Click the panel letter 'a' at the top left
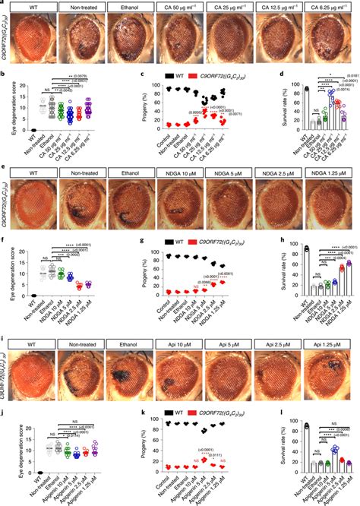[x=4, y=4]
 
